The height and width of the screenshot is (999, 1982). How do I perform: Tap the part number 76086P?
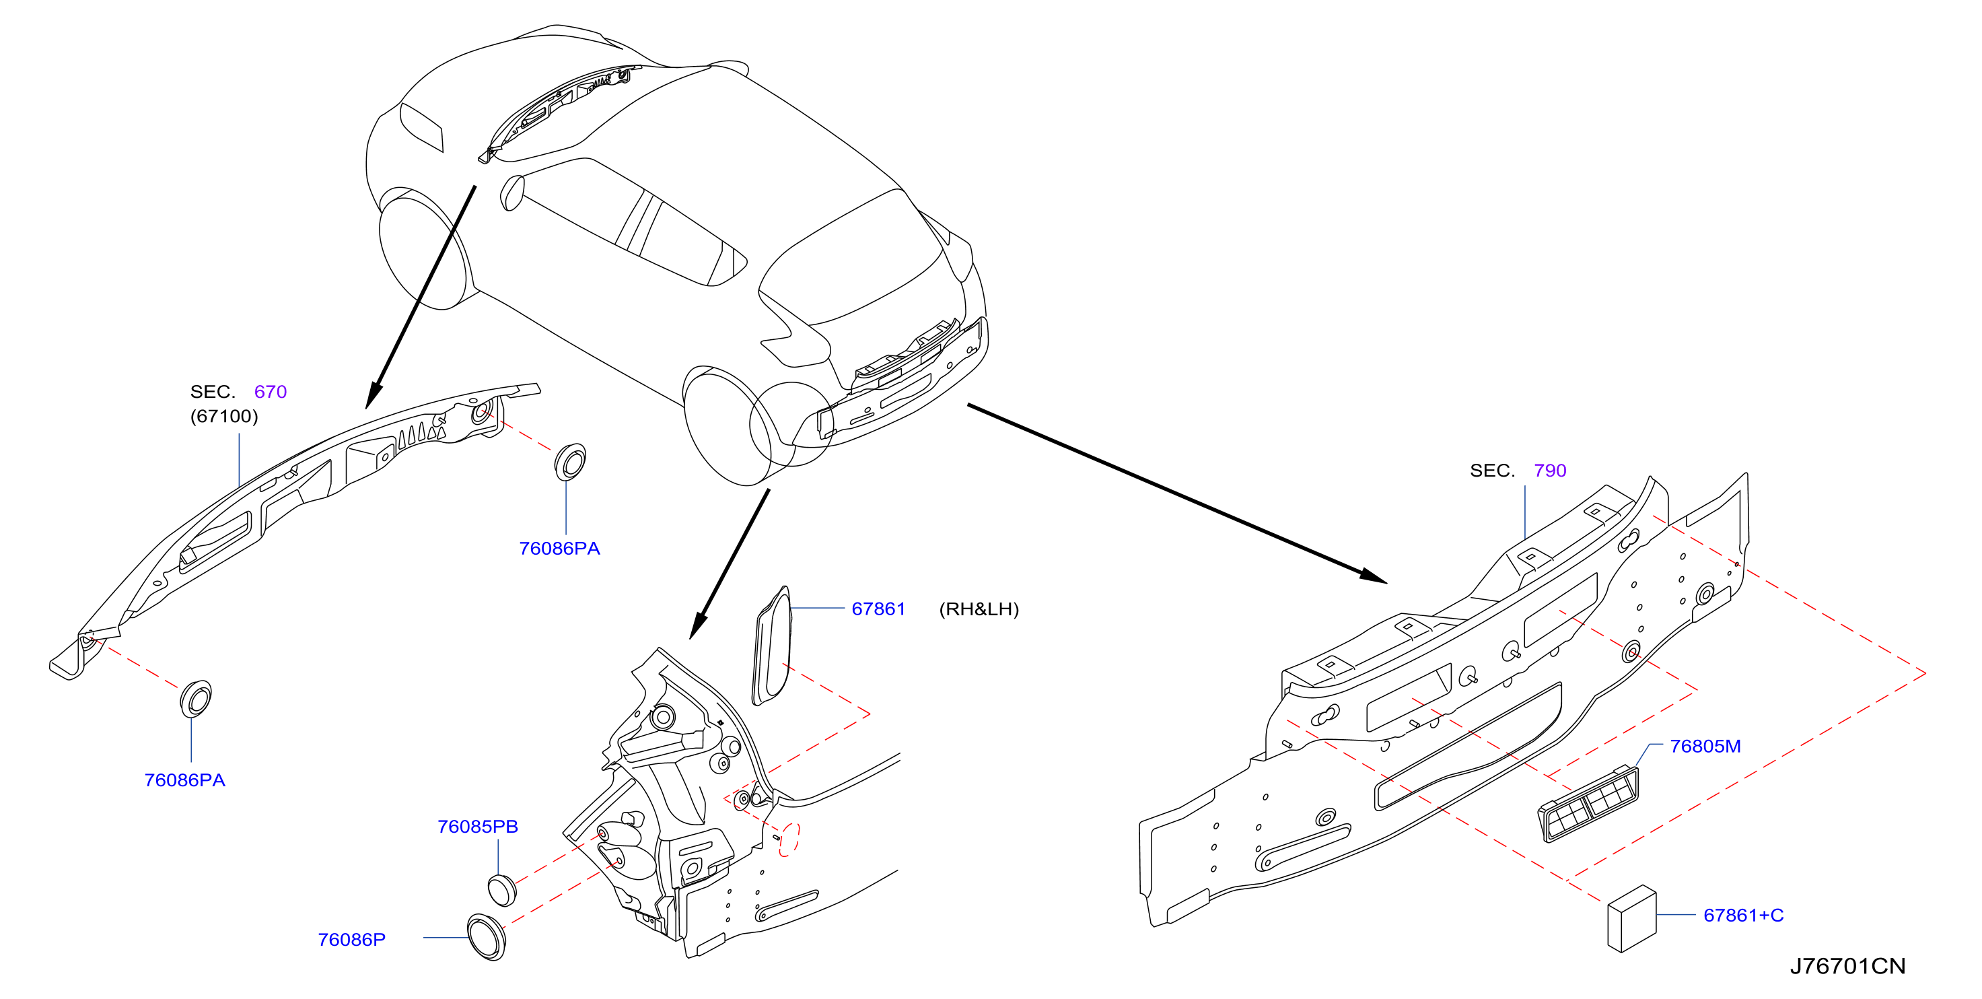pyautogui.click(x=351, y=939)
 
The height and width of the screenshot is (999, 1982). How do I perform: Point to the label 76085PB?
pyautogui.click(x=478, y=826)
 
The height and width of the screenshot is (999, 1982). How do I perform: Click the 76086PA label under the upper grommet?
pyautogui.click(x=559, y=548)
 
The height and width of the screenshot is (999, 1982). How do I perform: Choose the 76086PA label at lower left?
pyautogui.click(x=184, y=780)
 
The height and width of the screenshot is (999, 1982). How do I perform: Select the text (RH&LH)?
pyautogui.click(x=979, y=609)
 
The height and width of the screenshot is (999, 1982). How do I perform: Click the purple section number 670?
pyautogui.click(x=270, y=392)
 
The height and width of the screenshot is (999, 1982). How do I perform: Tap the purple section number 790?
pyautogui.click(x=1549, y=471)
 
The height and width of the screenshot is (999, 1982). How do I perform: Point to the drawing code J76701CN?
pyautogui.click(x=1847, y=966)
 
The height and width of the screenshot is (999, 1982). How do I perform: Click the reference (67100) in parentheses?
pyautogui.click(x=224, y=417)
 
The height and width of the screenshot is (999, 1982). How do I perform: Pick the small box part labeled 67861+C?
pyautogui.click(x=1632, y=919)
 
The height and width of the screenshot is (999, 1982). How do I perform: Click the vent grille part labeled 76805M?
pyautogui.click(x=1588, y=804)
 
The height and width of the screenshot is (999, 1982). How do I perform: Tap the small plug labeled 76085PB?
pyautogui.click(x=501, y=890)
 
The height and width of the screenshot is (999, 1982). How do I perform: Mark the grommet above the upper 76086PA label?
pyautogui.click(x=570, y=462)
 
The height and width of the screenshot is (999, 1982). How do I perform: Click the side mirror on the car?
pyautogui.click(x=511, y=193)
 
